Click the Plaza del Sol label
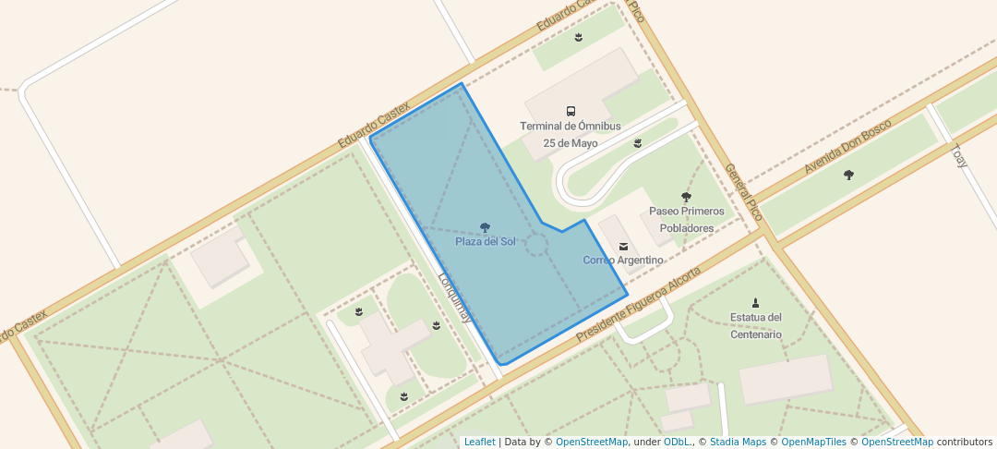[485, 242]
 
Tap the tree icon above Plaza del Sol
[486, 227]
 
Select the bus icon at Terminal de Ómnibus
[571, 111]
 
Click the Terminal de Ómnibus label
[571, 127]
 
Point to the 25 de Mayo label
[571, 143]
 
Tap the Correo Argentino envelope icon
[623, 246]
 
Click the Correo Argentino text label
[623, 261]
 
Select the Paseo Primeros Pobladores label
[686, 220]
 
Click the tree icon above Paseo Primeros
[686, 197]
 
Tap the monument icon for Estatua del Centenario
[756, 302]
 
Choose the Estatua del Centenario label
[756, 325]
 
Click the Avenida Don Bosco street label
[847, 146]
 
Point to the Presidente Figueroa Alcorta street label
[638, 306]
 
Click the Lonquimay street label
[456, 296]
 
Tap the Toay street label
[960, 156]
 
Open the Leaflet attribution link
[479, 442]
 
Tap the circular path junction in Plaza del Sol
[536, 245]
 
